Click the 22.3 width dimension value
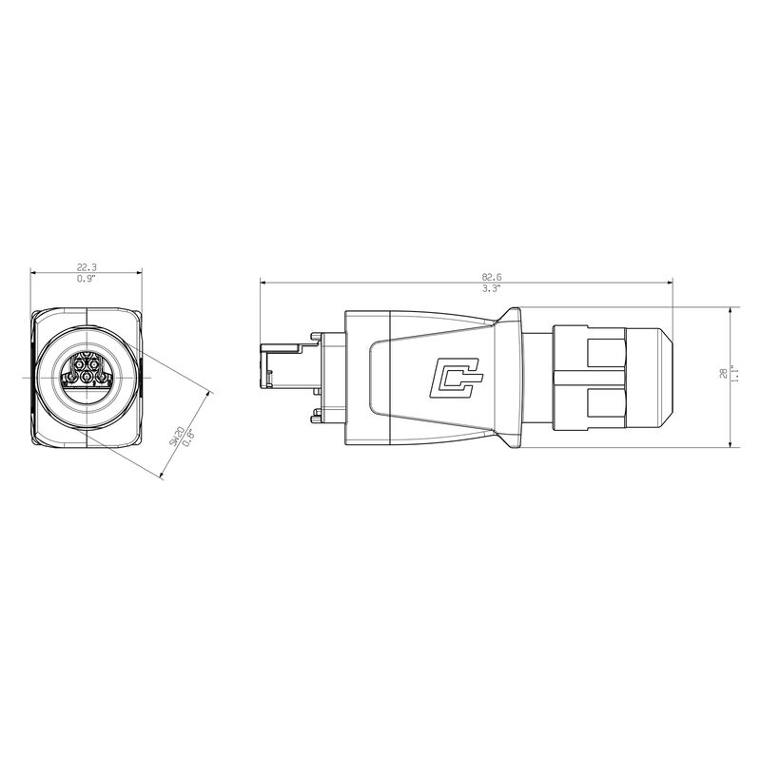[87, 267]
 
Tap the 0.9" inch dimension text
[87, 279]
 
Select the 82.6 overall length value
[492, 277]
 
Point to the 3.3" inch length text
[492, 289]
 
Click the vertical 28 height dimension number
[723, 373]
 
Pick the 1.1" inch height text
[734, 375]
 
